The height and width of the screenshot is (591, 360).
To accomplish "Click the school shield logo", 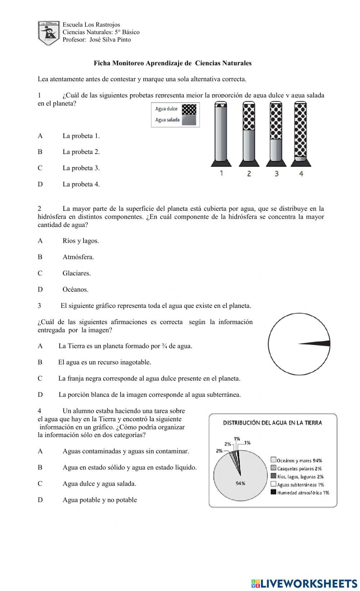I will pyautogui.click(x=48, y=33).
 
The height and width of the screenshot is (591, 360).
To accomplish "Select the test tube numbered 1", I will pyautogui.click(x=221, y=133).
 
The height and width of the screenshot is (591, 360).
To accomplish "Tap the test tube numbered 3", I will pyautogui.click(x=276, y=133).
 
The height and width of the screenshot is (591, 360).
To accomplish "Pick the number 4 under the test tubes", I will pyautogui.click(x=301, y=173).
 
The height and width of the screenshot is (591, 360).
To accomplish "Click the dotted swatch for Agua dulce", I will pyautogui.click(x=189, y=109).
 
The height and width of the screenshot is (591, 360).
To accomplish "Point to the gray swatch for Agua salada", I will pyautogui.click(x=189, y=120).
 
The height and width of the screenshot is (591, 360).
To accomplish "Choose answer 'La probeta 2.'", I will pyautogui.click(x=81, y=152).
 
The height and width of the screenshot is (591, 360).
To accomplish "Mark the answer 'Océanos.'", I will pyautogui.click(x=75, y=289).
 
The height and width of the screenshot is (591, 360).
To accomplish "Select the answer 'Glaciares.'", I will pyautogui.click(x=77, y=273).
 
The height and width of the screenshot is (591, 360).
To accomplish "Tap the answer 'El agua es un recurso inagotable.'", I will pyautogui.click(x=104, y=362).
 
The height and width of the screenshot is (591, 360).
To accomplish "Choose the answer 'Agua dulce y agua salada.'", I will pyautogui.click(x=99, y=483).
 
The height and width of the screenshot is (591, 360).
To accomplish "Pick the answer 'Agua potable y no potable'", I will pyautogui.click(x=100, y=500).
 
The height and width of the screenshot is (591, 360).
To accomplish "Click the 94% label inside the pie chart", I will pyautogui.click(x=240, y=483).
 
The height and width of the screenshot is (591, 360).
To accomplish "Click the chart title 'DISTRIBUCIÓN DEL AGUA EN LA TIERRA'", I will pyautogui.click(x=273, y=423).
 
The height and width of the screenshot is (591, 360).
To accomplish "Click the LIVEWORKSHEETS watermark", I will pyautogui.click(x=304, y=583).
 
